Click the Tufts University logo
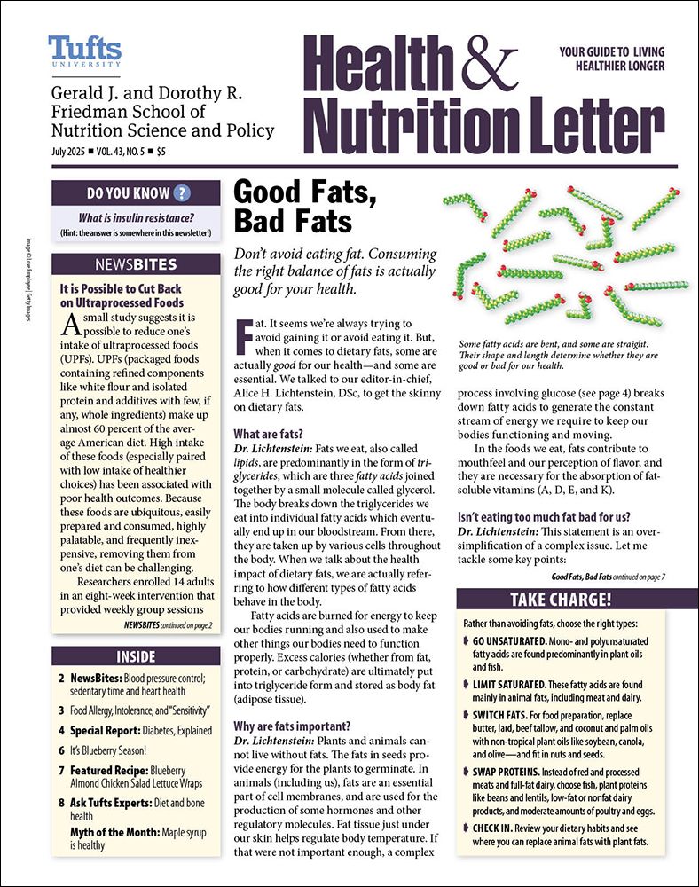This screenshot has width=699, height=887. (85, 51)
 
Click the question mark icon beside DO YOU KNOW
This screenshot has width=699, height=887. (182, 193)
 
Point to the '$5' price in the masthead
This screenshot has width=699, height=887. (160, 152)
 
